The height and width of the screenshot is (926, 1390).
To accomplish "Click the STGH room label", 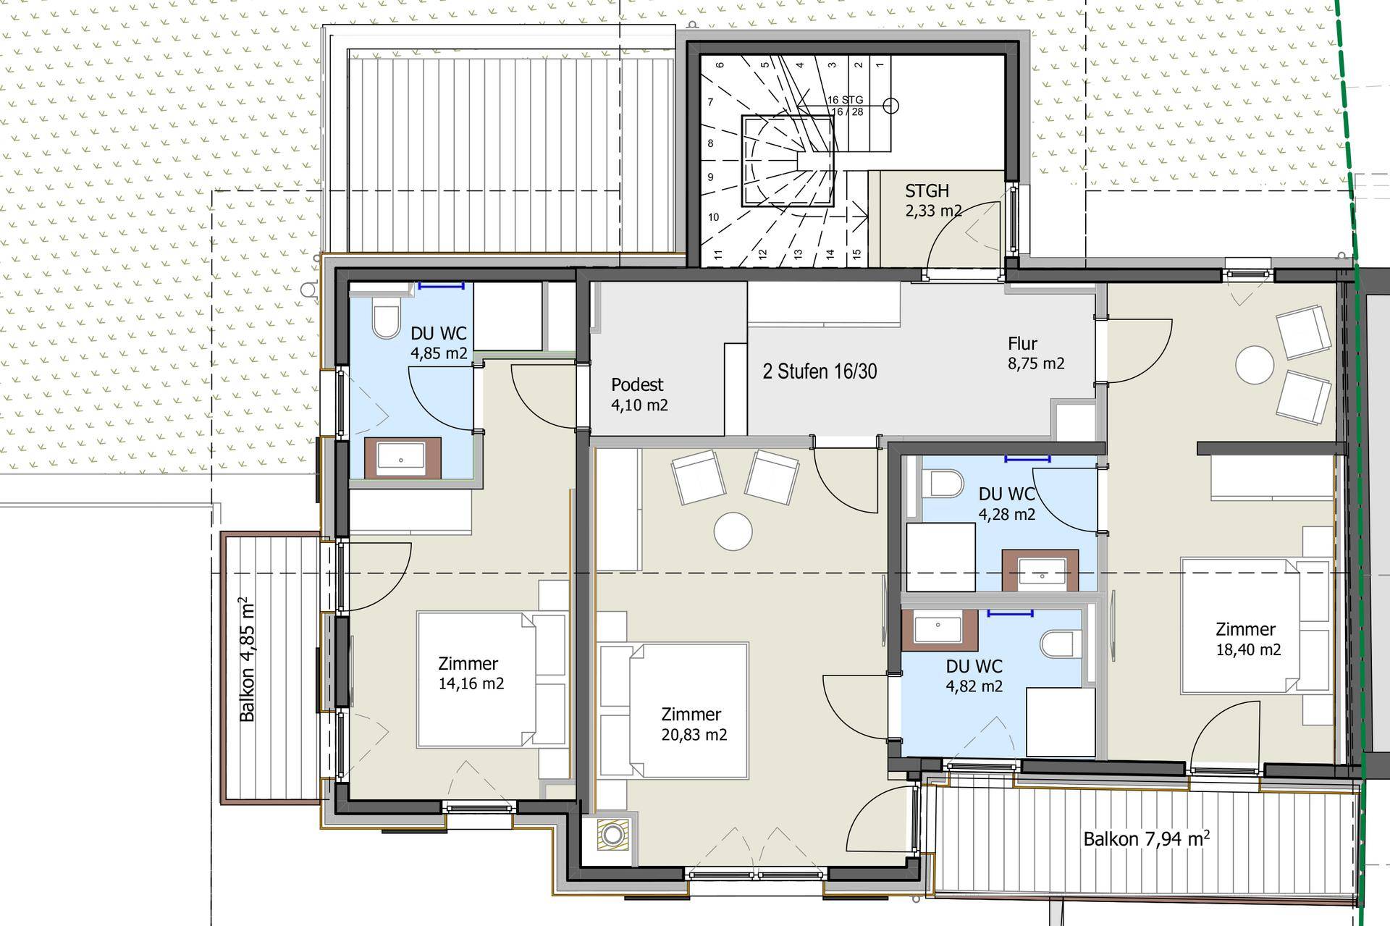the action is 927,191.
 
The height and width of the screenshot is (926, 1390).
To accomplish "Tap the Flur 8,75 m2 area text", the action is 1036,353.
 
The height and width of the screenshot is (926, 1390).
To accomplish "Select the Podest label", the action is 637,384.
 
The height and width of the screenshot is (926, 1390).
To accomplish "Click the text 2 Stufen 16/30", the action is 820,371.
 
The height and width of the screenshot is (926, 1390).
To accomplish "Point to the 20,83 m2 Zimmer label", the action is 694,725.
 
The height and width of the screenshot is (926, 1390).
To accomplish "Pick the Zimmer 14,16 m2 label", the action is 471,673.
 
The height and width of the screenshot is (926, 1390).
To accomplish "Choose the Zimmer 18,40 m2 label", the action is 1248,639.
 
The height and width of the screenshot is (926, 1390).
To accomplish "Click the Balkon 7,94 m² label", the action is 1146,839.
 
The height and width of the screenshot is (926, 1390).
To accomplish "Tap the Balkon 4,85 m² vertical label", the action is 247,659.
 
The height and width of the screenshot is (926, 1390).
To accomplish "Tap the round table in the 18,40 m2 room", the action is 1255,365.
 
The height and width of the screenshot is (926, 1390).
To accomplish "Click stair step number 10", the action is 713,217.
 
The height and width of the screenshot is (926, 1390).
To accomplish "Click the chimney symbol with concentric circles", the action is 613,834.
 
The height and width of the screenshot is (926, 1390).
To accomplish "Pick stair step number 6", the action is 720,65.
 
